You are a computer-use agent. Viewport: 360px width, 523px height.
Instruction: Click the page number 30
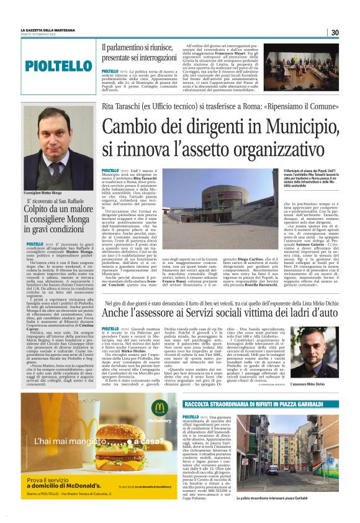point(334,32)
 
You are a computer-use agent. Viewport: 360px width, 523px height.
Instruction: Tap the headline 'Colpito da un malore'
point(60,227)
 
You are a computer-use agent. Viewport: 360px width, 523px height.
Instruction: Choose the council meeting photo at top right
point(302,58)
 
